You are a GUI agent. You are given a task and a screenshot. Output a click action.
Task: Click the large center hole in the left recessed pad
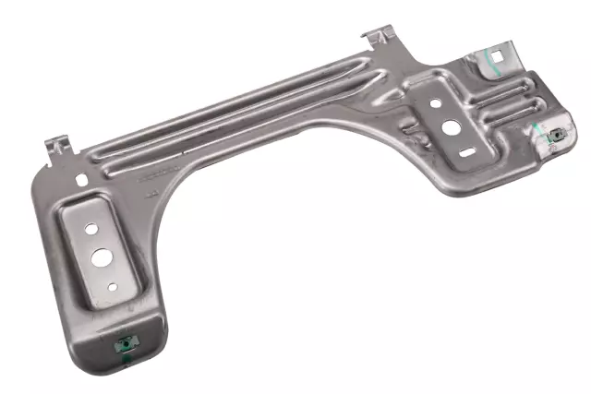pyautogui.click(x=98, y=256)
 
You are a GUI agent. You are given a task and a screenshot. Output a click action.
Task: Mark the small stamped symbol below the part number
pyautogui.click(x=152, y=193)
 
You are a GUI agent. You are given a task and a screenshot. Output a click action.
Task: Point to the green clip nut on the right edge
pyautogui.click(x=556, y=137)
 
